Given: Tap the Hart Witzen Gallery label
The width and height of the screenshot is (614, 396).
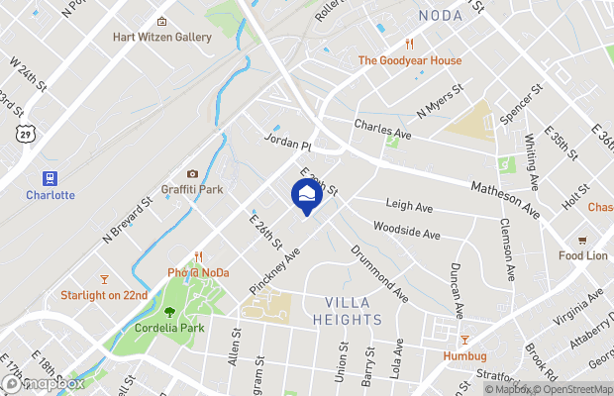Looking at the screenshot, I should point(162,38).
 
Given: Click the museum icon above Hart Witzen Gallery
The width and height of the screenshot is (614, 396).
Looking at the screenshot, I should point(162,21).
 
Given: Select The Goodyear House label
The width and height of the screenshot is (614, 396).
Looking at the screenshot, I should point(409,60).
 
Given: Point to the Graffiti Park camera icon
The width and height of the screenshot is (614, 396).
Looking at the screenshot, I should point(192,174).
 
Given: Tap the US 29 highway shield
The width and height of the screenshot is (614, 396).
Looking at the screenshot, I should point(22,132).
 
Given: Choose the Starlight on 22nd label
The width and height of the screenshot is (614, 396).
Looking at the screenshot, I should point(104,295).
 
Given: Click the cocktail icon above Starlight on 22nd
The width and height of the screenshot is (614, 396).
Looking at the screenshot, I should point(104,278).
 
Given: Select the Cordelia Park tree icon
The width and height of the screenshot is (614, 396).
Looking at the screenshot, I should point(169,311).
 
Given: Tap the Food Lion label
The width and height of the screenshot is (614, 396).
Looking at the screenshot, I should point(582,255).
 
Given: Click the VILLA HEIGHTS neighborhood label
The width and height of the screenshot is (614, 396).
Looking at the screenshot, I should point(354,311).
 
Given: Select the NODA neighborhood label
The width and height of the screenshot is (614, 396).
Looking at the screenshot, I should point(441,15).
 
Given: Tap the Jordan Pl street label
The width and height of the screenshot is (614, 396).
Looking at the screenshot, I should point(287,143).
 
